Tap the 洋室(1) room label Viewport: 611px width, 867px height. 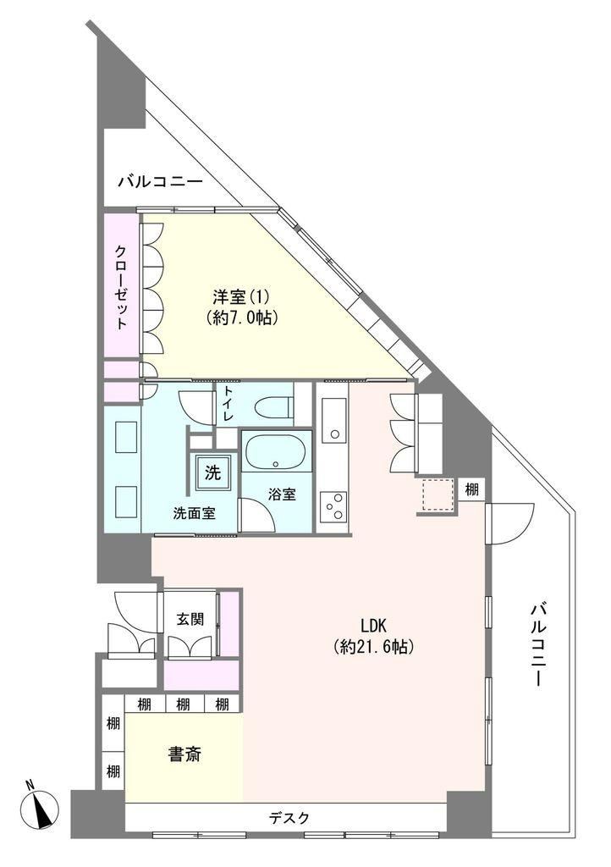tap(241, 297)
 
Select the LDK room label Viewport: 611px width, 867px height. tap(373, 626)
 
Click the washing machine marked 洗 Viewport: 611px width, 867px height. tap(212, 472)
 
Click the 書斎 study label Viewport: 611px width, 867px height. tap(185, 754)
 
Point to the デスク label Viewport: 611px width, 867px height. tap(289, 818)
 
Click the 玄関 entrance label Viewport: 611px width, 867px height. tap(190, 619)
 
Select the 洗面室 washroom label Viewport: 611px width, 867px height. tap(194, 513)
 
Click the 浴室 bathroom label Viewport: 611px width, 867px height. tap(282, 494)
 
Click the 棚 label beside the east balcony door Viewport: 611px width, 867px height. tap(471, 489)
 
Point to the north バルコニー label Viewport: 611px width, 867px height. tap(161, 181)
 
